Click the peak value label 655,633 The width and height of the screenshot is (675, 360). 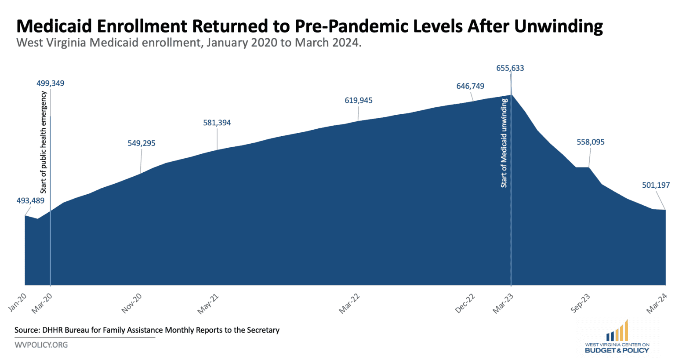click(510, 68)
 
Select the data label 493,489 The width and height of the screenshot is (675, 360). click(30, 200)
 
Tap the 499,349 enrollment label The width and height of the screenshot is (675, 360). click(50, 83)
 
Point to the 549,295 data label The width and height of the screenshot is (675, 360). click(142, 143)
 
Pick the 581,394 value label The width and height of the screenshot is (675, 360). click(217, 123)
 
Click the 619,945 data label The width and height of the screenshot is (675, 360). click(358, 100)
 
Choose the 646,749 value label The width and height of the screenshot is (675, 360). click(470, 86)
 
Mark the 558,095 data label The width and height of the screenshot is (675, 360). click(590, 142)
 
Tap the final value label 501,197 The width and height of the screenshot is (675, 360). click(656, 185)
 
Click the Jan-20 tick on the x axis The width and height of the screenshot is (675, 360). click(18, 302)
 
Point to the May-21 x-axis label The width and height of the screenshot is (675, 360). click(208, 304)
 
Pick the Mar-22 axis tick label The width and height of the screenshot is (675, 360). click(349, 304)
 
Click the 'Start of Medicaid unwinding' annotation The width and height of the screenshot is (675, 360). click(504, 143)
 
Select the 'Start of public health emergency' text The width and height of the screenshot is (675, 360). click(44, 142)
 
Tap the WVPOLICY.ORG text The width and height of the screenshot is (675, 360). click(41, 345)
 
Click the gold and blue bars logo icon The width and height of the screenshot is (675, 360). click(617, 331)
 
